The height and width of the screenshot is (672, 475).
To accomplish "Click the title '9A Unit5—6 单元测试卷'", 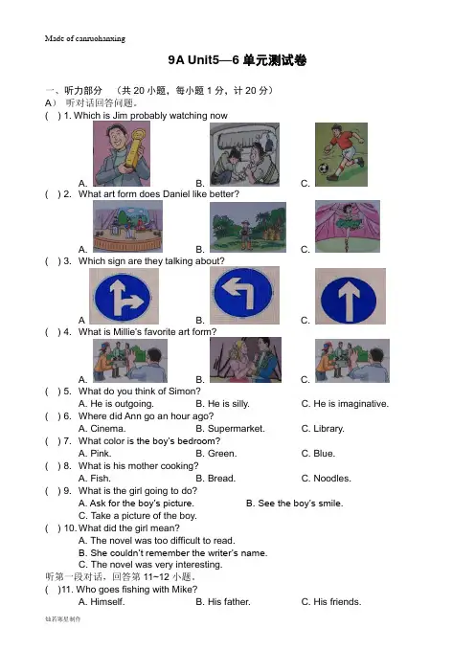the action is tap(237, 60).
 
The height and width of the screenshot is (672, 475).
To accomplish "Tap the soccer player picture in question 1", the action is tap(341, 154).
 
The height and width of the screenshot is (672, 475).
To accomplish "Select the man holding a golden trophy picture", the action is tap(122, 153).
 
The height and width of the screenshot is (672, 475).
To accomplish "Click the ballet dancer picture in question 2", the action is tap(348, 226).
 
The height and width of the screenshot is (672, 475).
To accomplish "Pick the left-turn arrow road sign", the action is tap(244, 295).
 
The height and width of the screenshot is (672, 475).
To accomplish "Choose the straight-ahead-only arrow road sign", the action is tap(351, 296).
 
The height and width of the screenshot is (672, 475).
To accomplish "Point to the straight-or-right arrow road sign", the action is tap(124, 296).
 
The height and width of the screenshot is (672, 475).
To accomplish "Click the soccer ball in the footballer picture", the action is tap(324, 168).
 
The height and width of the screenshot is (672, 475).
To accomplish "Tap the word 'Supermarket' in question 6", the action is tap(236, 429).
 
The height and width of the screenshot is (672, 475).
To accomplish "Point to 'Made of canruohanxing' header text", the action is tap(85, 38).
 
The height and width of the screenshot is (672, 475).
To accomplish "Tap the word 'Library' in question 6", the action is tap(328, 429).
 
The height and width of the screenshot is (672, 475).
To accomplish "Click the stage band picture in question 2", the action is tap(127, 226).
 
